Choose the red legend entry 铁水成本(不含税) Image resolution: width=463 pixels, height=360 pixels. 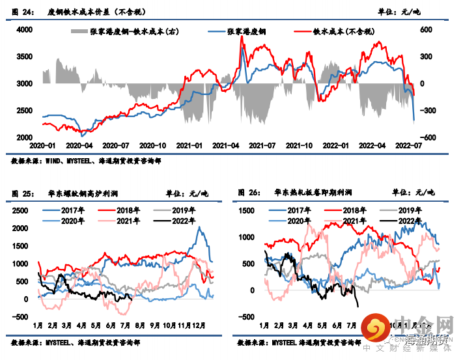(341, 31)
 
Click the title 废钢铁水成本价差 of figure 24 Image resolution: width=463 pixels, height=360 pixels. (97, 12)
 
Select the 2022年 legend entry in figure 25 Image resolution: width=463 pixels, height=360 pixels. (184, 221)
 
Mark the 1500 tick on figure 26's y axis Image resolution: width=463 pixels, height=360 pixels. (247, 210)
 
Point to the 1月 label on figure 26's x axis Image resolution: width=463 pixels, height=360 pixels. (264, 325)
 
